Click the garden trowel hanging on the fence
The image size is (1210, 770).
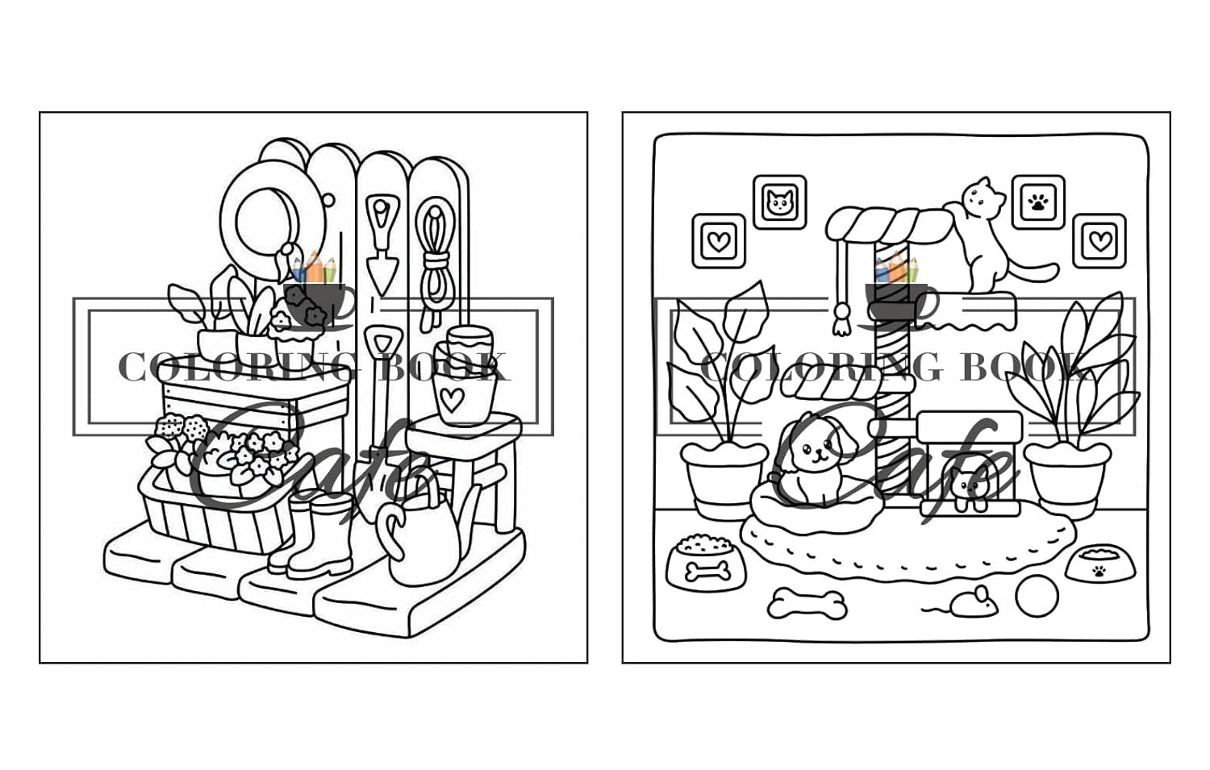[381, 242]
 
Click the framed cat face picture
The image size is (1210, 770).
[779, 202]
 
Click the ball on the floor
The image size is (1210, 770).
[1037, 597]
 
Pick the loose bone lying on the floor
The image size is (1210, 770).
[807, 602]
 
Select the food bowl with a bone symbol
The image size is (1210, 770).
[701, 562]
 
